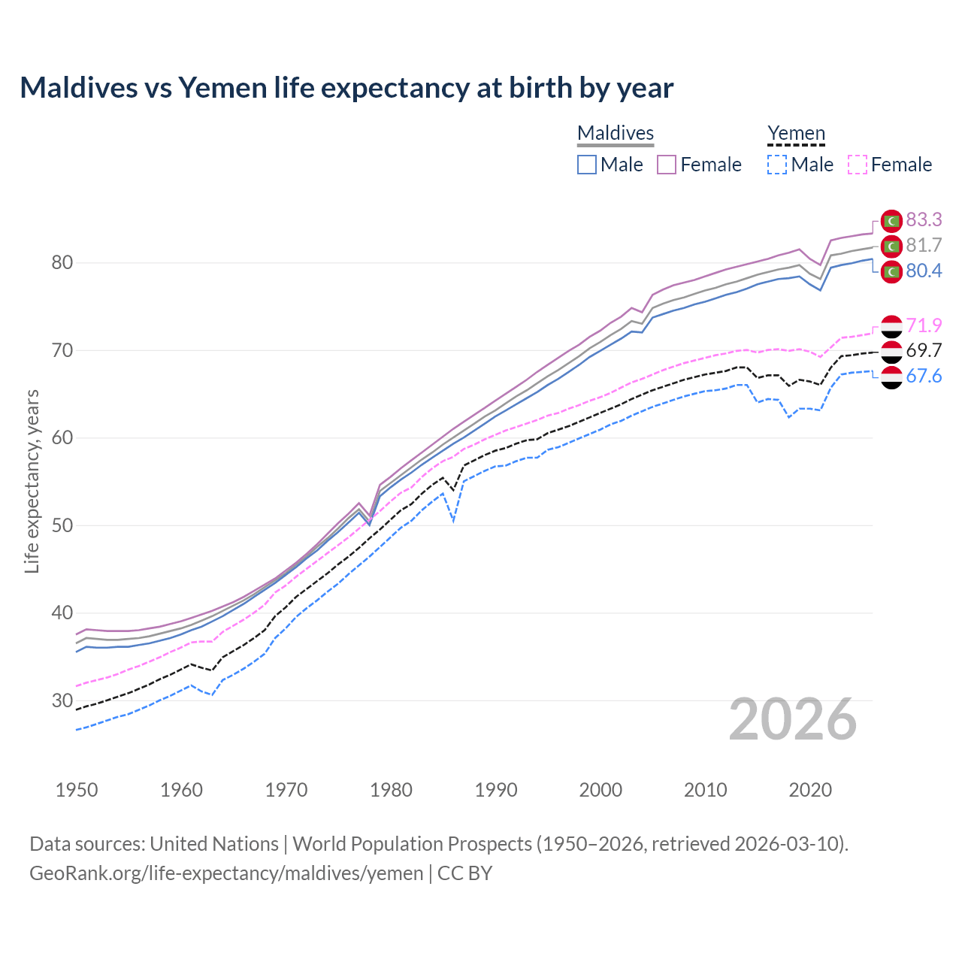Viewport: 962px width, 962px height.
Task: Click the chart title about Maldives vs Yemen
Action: (x=346, y=88)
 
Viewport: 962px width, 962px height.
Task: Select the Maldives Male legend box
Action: (x=587, y=165)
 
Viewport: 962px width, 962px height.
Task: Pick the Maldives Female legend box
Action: (x=667, y=165)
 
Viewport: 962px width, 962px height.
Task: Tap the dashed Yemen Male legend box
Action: (x=777, y=165)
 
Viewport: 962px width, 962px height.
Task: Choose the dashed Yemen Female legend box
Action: (x=858, y=165)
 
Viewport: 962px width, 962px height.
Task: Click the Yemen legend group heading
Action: (x=796, y=134)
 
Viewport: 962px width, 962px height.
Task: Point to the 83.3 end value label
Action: (x=924, y=219)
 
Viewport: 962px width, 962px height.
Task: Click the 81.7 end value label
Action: (x=924, y=245)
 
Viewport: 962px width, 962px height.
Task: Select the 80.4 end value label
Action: (x=924, y=271)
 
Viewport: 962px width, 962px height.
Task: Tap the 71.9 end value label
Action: (x=924, y=325)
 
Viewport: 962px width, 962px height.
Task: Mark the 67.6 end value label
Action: (x=924, y=376)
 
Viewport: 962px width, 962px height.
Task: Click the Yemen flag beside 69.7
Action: (x=891, y=351)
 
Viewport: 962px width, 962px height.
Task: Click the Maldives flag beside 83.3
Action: (x=891, y=220)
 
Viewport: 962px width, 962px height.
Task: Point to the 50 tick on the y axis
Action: (x=62, y=525)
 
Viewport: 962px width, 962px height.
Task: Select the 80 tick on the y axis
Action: (x=62, y=263)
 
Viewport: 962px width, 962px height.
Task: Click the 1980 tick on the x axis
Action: (x=391, y=790)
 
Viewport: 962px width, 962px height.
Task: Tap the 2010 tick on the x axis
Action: (x=705, y=790)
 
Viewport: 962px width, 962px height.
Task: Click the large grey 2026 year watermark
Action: (x=793, y=719)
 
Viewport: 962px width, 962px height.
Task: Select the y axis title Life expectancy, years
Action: (x=32, y=481)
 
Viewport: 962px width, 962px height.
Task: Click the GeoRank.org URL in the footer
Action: (x=226, y=873)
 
